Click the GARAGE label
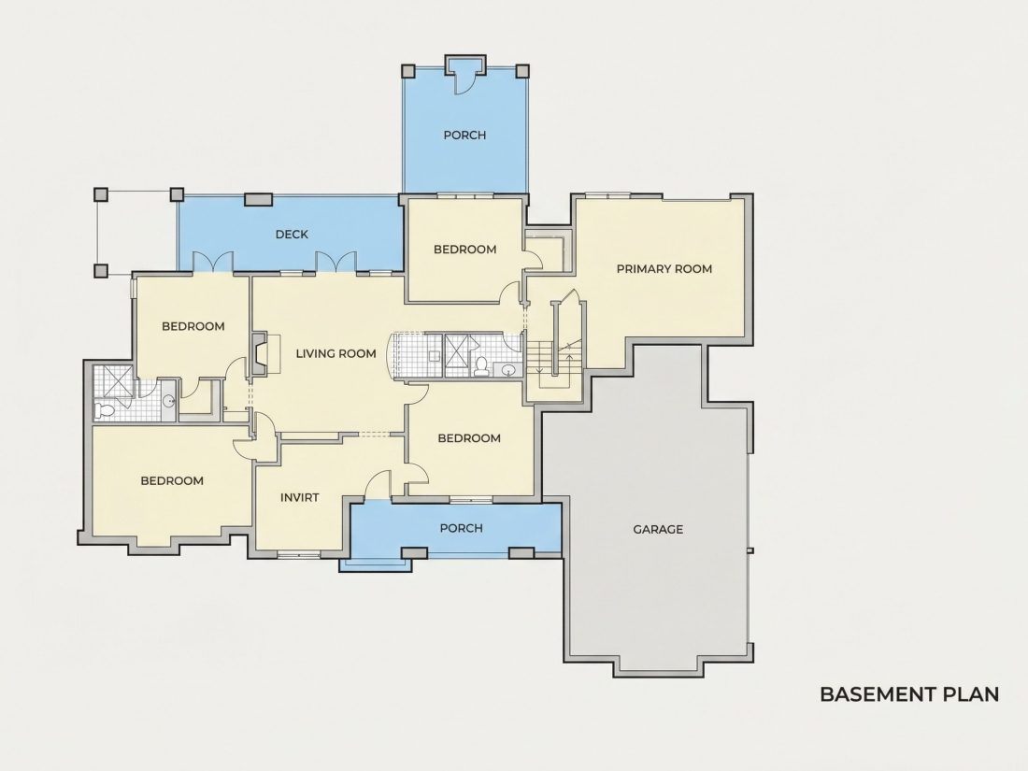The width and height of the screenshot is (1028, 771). click(658, 529)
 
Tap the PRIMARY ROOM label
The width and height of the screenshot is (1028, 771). click(664, 269)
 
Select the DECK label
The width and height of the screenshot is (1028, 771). click(292, 234)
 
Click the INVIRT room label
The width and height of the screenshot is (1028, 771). click(300, 497)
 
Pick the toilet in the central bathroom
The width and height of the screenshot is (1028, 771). click(482, 367)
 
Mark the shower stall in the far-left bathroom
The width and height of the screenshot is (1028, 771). click(113, 381)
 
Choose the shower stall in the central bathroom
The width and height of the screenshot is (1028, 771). click(462, 354)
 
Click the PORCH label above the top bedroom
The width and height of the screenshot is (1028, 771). click(464, 136)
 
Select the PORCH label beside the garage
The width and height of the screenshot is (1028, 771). click(461, 528)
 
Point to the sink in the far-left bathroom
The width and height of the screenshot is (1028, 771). click(168, 401)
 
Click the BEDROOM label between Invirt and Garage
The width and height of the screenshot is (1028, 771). click(469, 438)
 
